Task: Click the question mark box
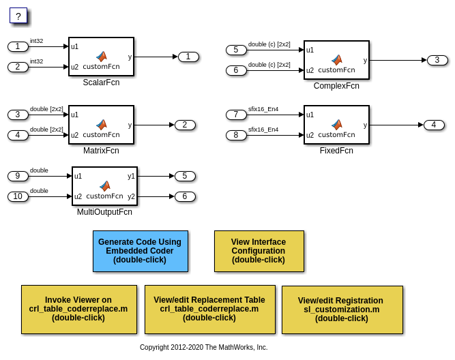coord(18,16)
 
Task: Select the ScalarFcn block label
coord(101,82)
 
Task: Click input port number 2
coord(18,67)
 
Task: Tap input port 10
coord(18,196)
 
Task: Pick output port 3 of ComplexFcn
coord(437,60)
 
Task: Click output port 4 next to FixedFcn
coord(434,125)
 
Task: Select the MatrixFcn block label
coord(101,151)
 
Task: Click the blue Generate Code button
coord(140,251)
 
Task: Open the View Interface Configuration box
coord(259,251)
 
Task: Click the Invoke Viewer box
coord(78,309)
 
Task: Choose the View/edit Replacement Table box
coord(209,309)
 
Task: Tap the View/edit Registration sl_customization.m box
coord(342,310)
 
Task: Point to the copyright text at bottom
coord(203,347)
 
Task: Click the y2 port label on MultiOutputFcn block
coord(131,196)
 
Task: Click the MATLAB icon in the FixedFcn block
coord(336,125)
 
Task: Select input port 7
coord(236,115)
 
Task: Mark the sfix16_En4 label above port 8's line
coord(263,130)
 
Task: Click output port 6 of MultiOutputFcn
coord(185,196)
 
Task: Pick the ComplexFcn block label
coord(336,86)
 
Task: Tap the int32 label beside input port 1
coord(36,41)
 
